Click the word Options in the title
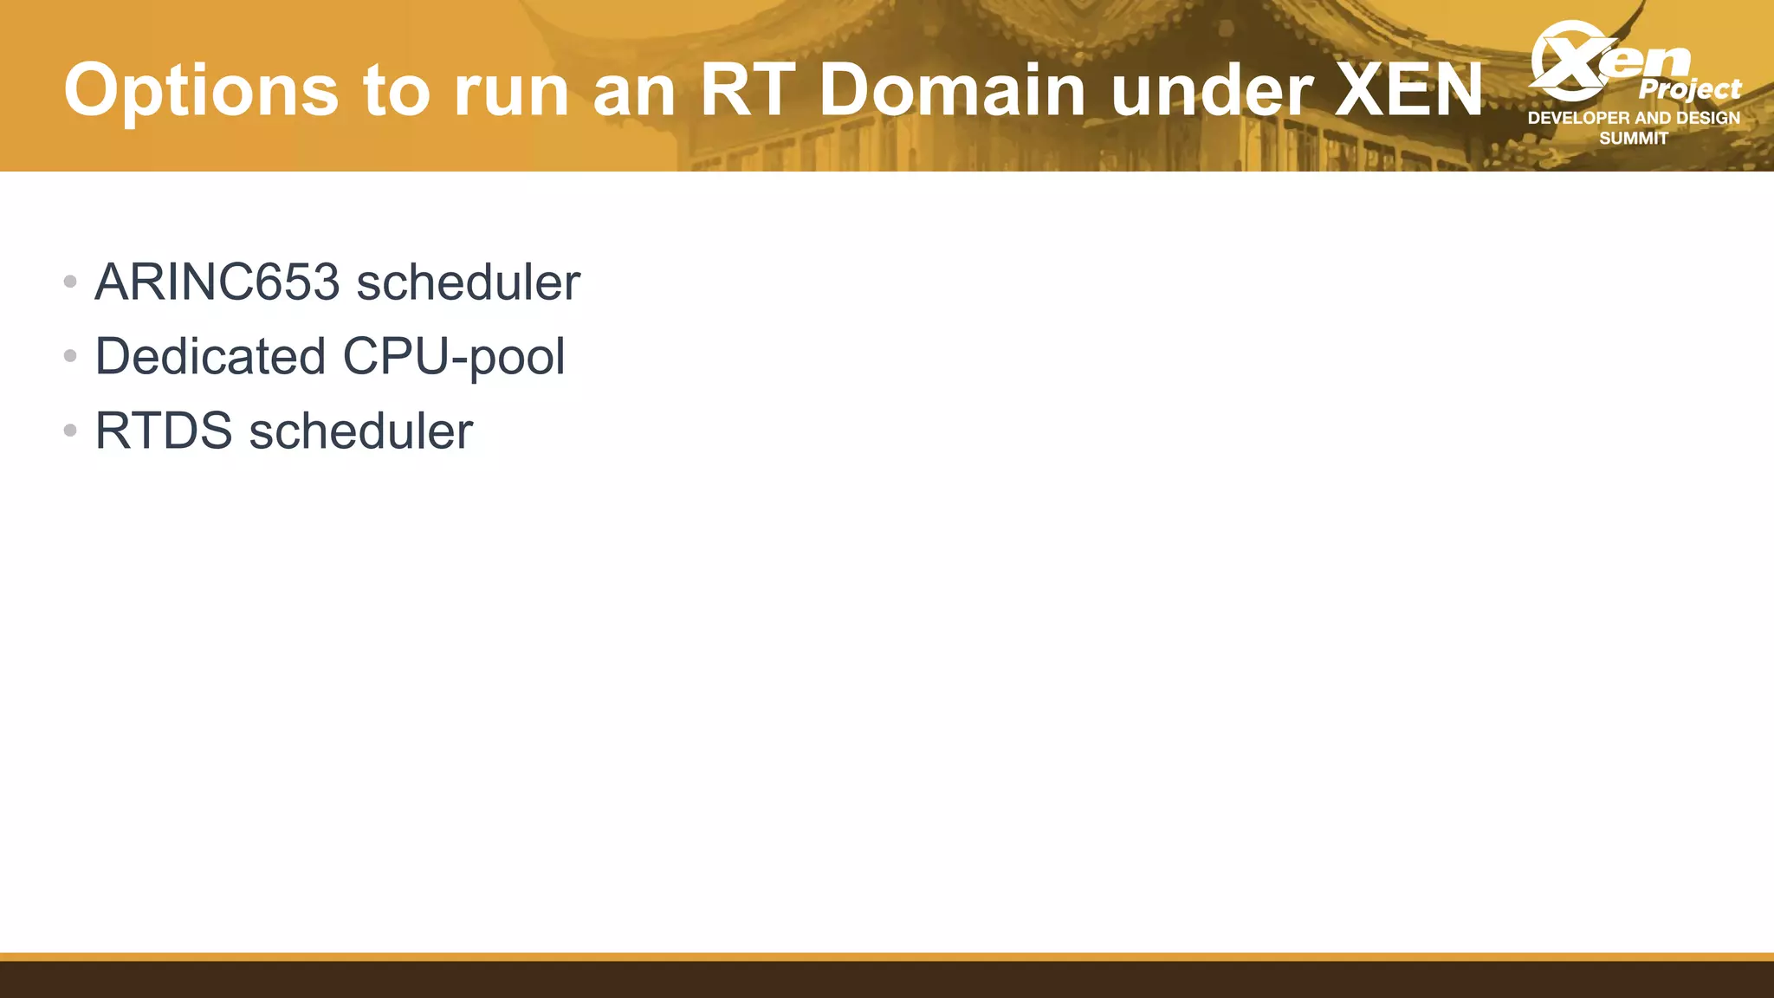coord(201,91)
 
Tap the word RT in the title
coord(748,89)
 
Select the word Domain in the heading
coord(951,89)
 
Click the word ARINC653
coord(217,282)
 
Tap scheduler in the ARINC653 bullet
coord(468,282)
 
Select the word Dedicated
coord(210,357)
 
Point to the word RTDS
coord(164,431)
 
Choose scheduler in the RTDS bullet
coord(360,431)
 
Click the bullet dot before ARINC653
coord(70,282)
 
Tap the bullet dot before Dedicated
coord(70,356)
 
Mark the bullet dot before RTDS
coord(70,431)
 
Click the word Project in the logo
coord(1689,89)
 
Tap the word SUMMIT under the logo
coord(1634,139)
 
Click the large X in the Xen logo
coord(1568,61)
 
